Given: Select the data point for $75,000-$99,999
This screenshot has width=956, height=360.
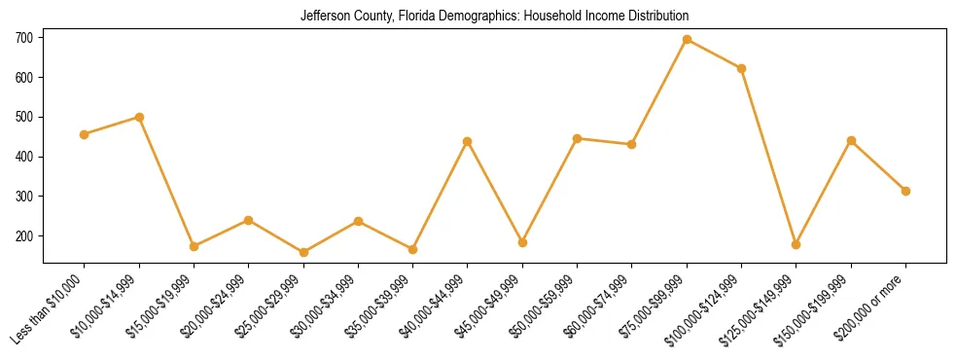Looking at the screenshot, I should [687, 40].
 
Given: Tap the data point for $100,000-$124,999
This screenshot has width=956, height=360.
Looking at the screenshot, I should [741, 68].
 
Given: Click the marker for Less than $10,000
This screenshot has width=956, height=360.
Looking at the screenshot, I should [85, 134].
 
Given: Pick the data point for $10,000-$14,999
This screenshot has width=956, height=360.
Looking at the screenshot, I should [139, 117].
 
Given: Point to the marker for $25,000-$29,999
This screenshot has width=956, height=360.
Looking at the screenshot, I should [303, 253].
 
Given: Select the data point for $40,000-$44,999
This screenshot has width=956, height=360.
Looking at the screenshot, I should [468, 142].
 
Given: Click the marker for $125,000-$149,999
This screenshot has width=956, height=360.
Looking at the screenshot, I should [796, 244].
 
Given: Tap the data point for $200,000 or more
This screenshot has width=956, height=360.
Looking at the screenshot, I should [905, 191].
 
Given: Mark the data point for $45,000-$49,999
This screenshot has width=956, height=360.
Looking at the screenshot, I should [522, 242].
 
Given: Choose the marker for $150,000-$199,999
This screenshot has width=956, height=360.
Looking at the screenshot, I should [851, 141].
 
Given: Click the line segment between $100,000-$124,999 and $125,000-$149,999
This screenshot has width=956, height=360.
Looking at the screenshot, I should [768, 156].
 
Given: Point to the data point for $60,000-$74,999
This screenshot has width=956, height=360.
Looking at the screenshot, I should [632, 144].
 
